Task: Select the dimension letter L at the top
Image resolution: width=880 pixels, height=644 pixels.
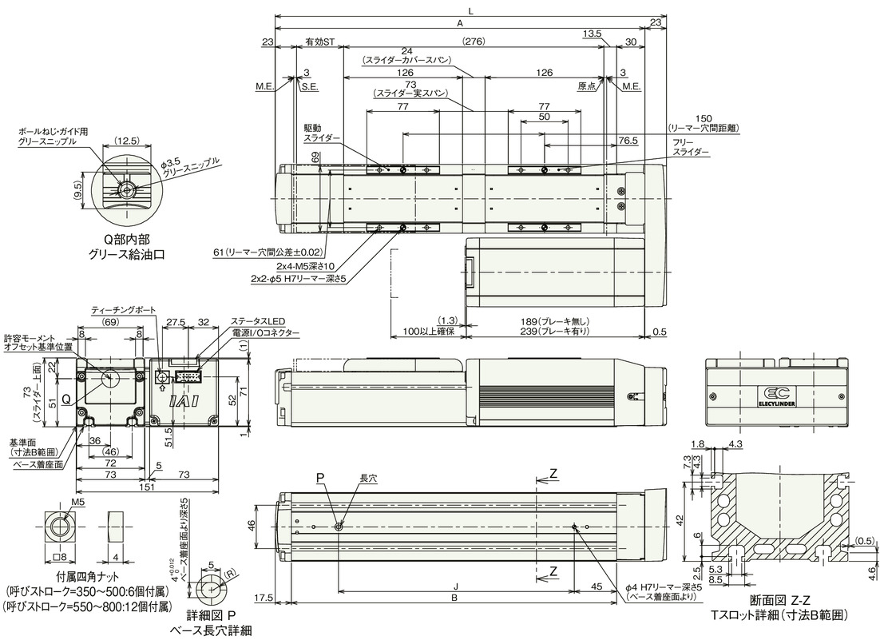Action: pyautogui.click(x=471, y=10)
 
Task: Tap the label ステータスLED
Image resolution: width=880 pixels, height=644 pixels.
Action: pyautogui.click(x=258, y=320)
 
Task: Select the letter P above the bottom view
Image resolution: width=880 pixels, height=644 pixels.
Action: pyautogui.click(x=319, y=479)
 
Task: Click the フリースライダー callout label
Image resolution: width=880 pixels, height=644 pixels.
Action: pyautogui.click(x=688, y=145)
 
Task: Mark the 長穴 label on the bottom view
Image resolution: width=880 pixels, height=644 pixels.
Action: pyautogui.click(x=368, y=479)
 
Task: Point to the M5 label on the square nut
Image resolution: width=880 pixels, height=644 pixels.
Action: pyautogui.click(x=77, y=502)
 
